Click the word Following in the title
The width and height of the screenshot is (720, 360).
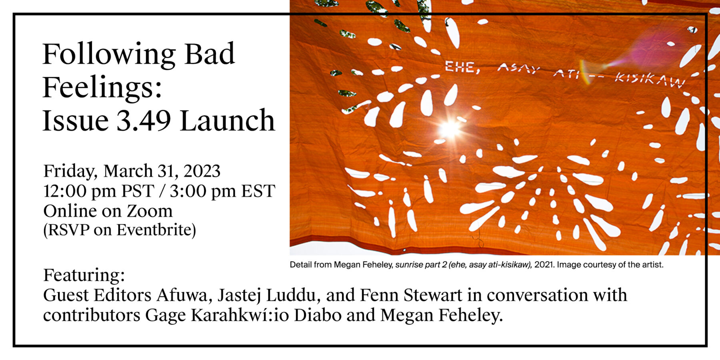[109, 55]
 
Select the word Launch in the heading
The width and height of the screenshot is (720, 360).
[228, 120]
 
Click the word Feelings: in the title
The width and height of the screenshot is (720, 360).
[102, 87]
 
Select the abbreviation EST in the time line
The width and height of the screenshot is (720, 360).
[258, 191]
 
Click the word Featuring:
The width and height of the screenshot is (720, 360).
[84, 276]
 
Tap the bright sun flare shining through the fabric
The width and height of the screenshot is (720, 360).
[450, 129]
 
